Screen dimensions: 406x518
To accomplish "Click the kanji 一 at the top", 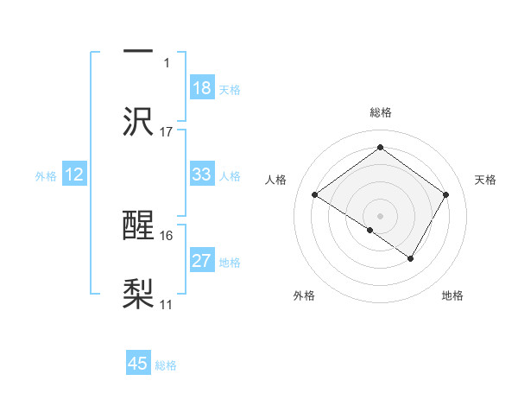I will [138, 50].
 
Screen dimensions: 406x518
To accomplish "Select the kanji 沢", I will [138, 121].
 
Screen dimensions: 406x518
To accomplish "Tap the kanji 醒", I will [138, 226].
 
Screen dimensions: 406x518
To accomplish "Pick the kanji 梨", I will [138, 295].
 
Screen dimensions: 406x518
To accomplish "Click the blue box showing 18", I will [202, 88].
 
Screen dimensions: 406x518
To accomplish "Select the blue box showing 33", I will [202, 174].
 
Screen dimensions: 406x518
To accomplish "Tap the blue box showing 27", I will [202, 261].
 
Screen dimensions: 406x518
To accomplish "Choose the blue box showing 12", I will [74, 174].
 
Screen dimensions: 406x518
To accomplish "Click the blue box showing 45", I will [138, 364].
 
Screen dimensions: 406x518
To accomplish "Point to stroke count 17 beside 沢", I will [167, 132].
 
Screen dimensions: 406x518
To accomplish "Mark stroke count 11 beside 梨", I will [167, 305].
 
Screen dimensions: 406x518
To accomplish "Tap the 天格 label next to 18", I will [230, 89].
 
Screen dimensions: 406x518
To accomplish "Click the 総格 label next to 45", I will [166, 365].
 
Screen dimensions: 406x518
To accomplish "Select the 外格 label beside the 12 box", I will [46, 176].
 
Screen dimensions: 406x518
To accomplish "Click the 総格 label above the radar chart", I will [380, 113].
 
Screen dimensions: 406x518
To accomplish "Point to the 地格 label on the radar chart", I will [452, 296].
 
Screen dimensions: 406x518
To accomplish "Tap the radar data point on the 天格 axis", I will [446, 195].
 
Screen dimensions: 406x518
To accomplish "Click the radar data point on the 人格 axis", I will [315, 195].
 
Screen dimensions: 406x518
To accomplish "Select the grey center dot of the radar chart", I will [380, 215].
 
